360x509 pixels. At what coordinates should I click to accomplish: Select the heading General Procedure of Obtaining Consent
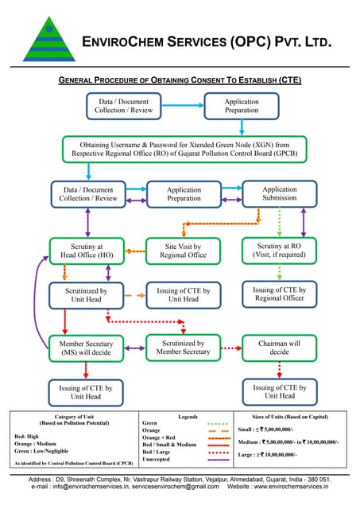point(180,80)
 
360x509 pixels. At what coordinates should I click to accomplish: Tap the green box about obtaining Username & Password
point(184,150)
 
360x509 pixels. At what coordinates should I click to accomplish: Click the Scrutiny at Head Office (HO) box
point(87,251)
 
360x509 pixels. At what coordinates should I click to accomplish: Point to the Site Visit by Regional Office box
point(184,251)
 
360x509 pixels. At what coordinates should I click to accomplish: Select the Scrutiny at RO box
point(278,251)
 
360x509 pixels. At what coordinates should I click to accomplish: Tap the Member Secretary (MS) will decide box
point(87,348)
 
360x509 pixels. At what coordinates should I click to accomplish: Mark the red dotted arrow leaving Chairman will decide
point(279,368)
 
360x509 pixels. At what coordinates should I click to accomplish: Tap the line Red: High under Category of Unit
point(29,437)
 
